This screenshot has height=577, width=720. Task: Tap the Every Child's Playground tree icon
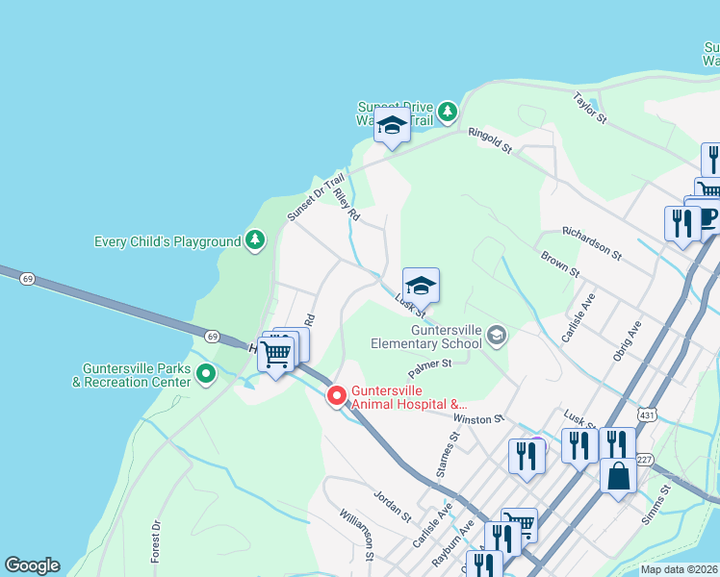point(255,238)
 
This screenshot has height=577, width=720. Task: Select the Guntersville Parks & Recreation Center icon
point(206,374)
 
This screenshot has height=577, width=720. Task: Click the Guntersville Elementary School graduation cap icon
point(497,335)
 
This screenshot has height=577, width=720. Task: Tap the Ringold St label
point(490,141)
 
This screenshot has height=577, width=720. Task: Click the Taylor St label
point(589,108)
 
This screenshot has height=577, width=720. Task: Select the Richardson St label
point(593,244)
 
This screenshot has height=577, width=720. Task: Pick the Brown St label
point(559,264)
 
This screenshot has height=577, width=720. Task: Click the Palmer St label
point(429,364)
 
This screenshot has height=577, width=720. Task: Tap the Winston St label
point(479,418)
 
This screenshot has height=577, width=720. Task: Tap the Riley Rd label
point(347,204)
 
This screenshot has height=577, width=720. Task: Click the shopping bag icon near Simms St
point(617,475)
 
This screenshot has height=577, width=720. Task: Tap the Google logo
point(32,565)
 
